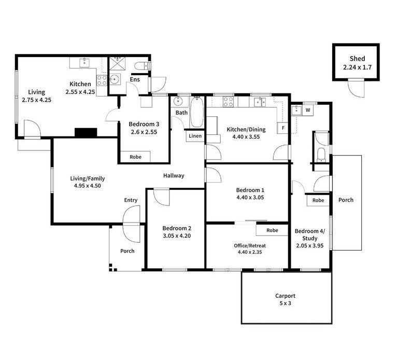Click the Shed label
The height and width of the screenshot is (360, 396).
coord(357,59)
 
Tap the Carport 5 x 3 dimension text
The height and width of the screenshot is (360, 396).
coord(285,303)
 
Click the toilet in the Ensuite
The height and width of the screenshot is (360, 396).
coord(142,66)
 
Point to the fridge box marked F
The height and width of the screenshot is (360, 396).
coord(283,128)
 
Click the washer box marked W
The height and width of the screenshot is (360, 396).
coord(307,110)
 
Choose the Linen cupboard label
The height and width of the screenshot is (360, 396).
coord(195,136)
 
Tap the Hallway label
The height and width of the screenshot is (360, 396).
coord(174,175)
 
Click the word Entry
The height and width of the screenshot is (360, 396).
coord(131,200)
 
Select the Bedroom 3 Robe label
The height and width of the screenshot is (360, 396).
coord(135,157)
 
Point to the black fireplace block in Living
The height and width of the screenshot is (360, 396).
coord(86,133)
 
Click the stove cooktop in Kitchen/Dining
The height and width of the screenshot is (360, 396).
coord(228,102)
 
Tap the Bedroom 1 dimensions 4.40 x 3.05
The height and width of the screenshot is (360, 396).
coord(250,198)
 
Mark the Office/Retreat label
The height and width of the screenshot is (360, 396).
coord(250,245)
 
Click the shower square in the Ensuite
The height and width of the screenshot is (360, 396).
coord(118,63)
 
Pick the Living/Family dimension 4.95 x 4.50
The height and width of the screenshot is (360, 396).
coord(88,186)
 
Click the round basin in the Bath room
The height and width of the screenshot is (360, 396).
coord(178,101)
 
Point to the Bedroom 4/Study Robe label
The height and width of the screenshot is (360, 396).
coord(318,200)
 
